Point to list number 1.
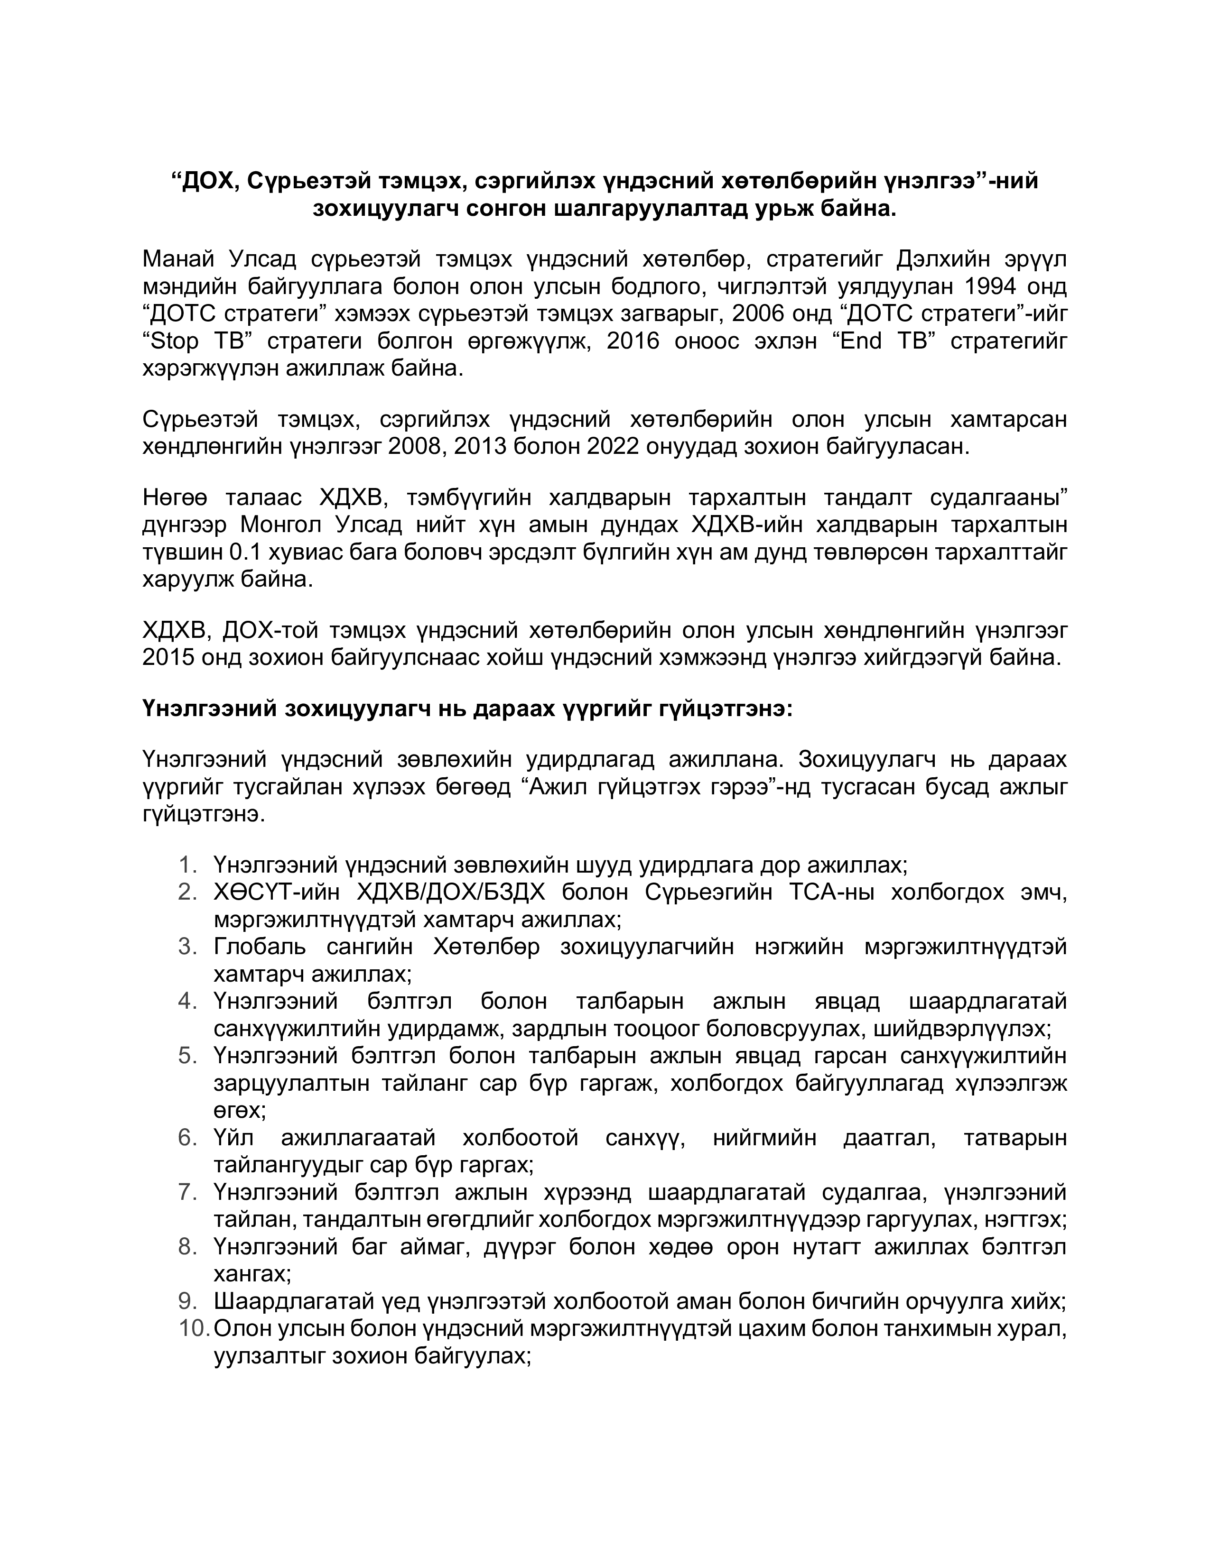[188, 865]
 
